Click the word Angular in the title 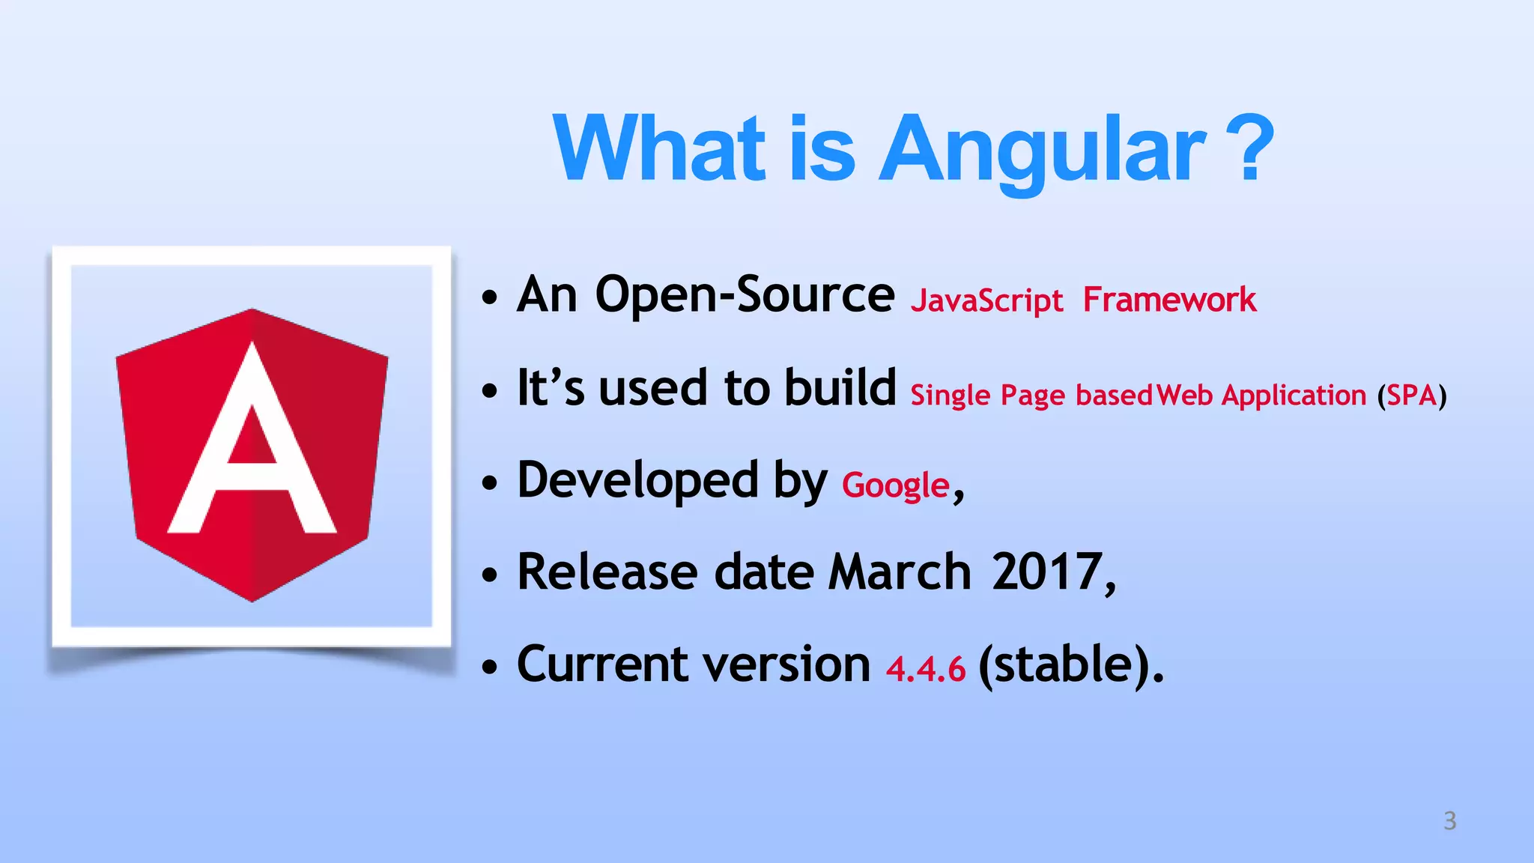(1041, 150)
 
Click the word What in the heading (659, 148)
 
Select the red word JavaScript (986, 301)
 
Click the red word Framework (1169, 300)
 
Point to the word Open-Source (744, 294)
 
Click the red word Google (896, 485)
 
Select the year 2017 (1047, 572)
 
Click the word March (900, 572)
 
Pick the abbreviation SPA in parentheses (1411, 395)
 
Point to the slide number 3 (1449, 821)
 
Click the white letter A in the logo (252, 449)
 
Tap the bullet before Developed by (490, 483)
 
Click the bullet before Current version (490, 667)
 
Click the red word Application (1294, 396)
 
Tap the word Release (607, 572)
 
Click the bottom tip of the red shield (252, 600)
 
